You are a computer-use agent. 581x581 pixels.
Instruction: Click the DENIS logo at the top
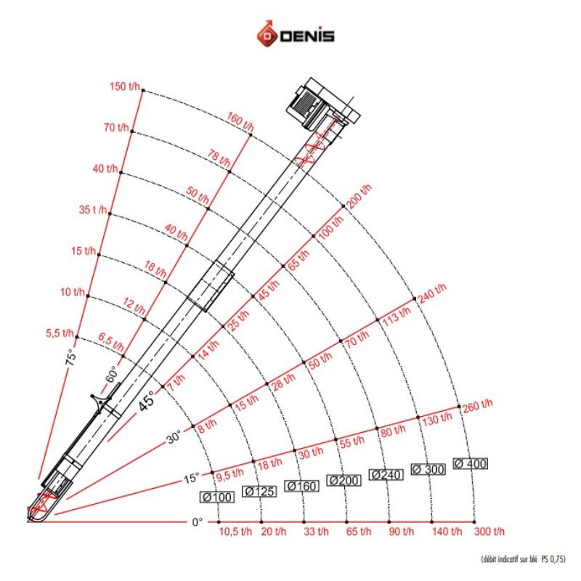click(x=294, y=35)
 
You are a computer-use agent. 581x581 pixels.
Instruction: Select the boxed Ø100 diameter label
click(x=216, y=497)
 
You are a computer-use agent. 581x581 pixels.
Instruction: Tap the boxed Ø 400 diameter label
click(x=470, y=463)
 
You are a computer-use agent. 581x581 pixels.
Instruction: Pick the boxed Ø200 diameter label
click(x=344, y=480)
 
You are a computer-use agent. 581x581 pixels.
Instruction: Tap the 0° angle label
click(x=197, y=521)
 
